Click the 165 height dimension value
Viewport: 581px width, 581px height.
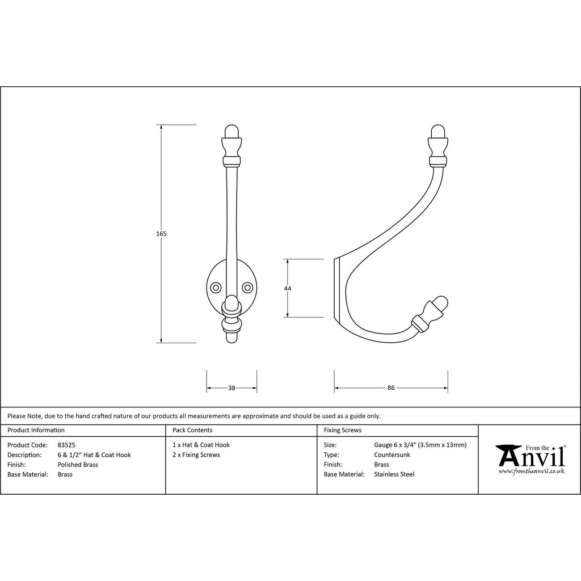click(x=161, y=234)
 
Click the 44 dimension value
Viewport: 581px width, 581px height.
click(x=288, y=288)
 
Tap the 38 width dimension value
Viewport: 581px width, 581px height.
click(x=231, y=388)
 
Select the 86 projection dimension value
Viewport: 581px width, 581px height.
click(x=391, y=388)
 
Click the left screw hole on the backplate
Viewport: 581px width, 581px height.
click(x=216, y=288)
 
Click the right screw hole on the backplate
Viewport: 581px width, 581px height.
click(x=247, y=288)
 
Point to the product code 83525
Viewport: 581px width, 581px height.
click(x=66, y=445)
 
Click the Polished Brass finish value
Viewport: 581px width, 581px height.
click(x=78, y=465)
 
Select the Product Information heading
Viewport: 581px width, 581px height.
click(x=36, y=430)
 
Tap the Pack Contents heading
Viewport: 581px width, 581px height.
click(x=192, y=430)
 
